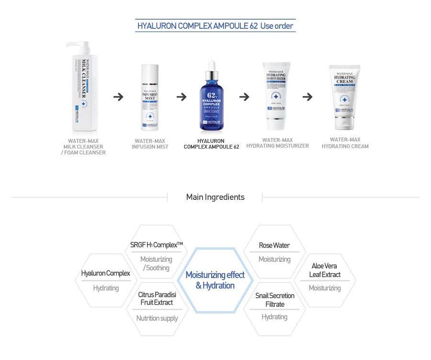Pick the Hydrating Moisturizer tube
click(x=277, y=93)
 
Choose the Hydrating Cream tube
click(x=344, y=96)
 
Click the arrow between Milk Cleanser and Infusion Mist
click(x=118, y=97)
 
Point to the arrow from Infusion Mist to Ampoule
click(x=181, y=97)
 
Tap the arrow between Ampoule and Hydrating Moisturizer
click(x=244, y=97)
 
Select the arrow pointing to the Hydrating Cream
click(x=307, y=97)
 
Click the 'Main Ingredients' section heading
click(x=215, y=197)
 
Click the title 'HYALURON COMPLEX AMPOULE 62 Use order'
click(x=215, y=25)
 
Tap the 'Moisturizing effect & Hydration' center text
click(x=215, y=280)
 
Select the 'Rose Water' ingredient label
click(x=274, y=245)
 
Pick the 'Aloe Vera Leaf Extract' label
click(x=325, y=270)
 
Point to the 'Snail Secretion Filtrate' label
click(x=275, y=300)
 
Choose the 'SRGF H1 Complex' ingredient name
click(x=157, y=245)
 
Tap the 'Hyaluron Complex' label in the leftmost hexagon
click(x=105, y=273)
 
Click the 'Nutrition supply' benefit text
click(x=157, y=318)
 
